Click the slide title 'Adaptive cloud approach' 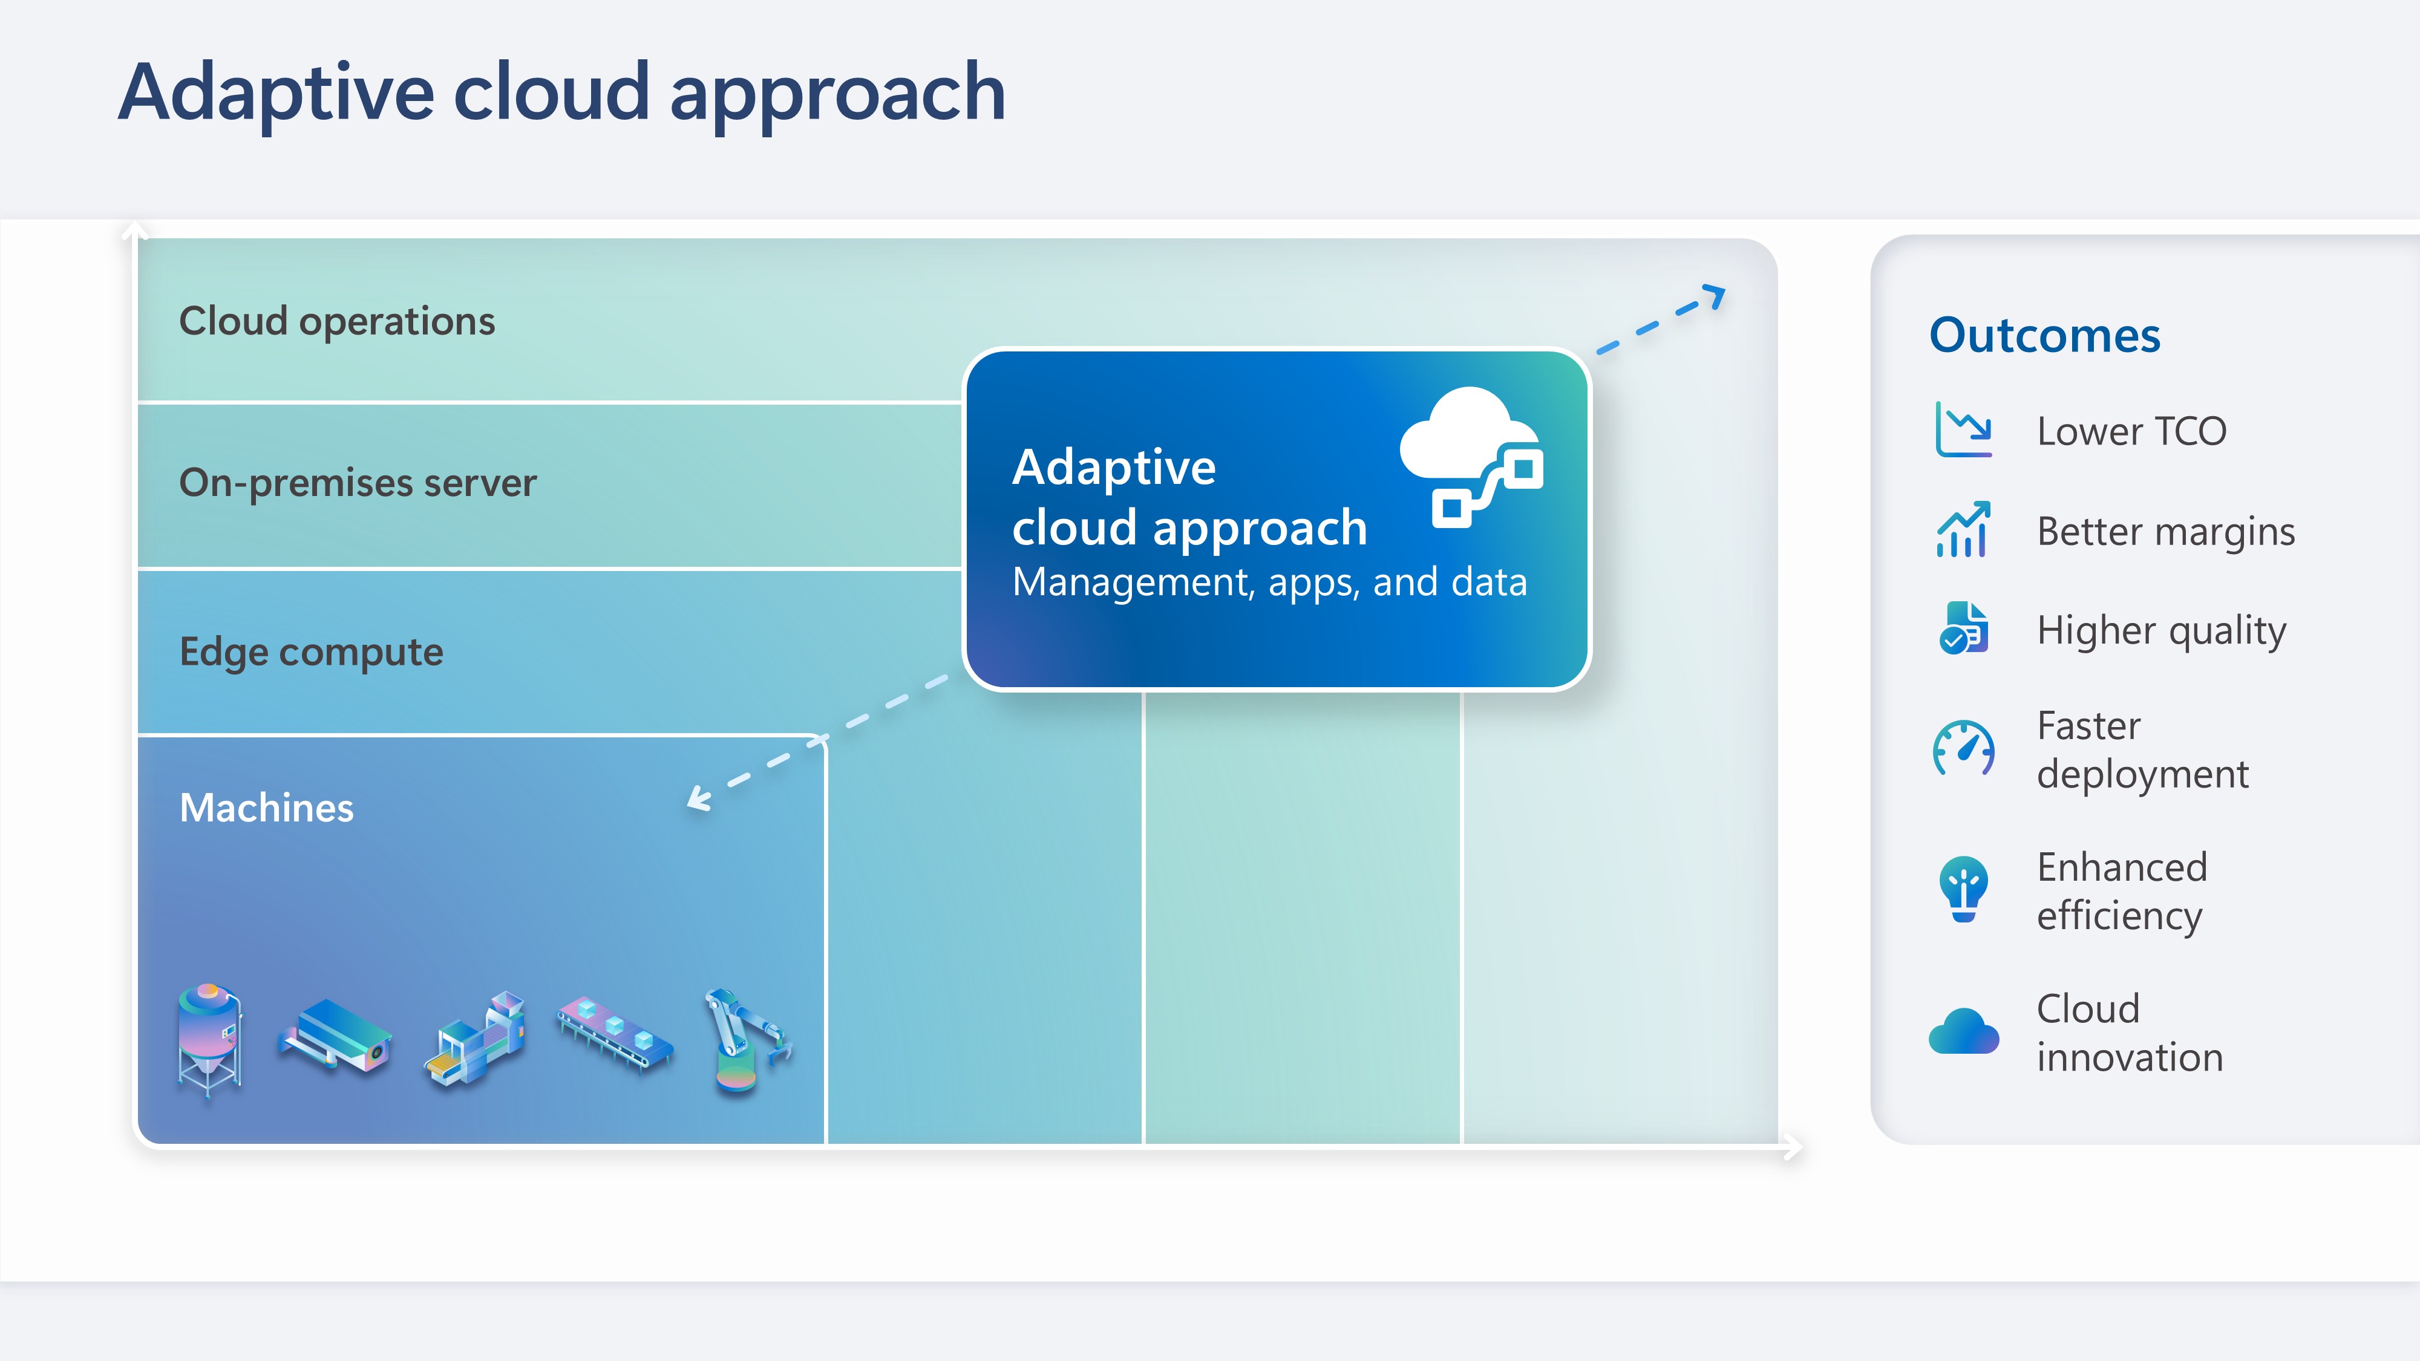[562, 92]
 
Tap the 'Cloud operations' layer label [336, 321]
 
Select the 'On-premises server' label [357, 483]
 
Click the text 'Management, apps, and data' [1268, 583]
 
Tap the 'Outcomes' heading [2044, 335]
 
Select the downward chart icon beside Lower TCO [1963, 429]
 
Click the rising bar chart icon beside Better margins [1963, 530]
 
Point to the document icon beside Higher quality [1963, 628]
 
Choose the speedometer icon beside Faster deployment [1963, 749]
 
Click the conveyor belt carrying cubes [615, 1033]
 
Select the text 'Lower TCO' [2131, 431]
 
